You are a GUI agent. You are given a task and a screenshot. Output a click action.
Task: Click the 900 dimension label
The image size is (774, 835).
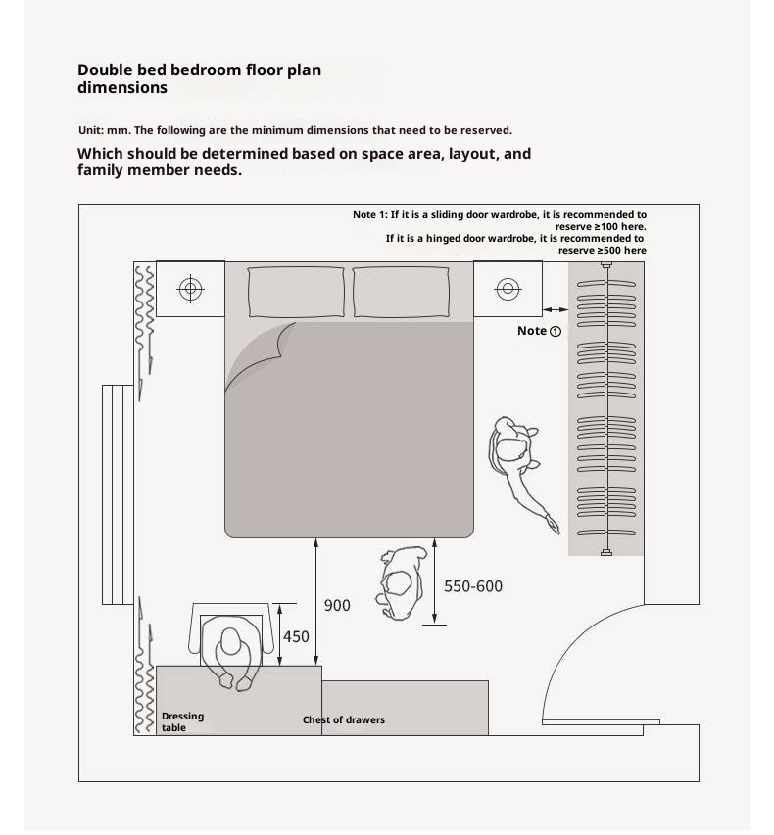337,606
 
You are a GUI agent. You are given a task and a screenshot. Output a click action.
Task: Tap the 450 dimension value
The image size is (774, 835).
296,637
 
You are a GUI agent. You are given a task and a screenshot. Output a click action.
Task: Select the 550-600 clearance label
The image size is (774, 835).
473,586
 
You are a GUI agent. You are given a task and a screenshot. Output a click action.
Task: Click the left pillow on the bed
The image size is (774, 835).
296,292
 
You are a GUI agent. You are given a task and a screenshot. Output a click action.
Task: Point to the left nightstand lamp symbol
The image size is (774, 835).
190,289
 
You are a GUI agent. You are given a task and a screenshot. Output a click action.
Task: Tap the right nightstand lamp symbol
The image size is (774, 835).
508,289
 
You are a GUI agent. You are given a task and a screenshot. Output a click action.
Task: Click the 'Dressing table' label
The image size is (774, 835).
182,721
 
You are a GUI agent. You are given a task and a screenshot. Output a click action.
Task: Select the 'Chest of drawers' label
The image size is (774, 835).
343,720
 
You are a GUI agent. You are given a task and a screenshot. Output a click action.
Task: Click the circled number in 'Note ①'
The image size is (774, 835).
556,332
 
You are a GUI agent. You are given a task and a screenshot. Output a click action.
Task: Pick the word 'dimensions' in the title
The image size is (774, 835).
122,88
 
